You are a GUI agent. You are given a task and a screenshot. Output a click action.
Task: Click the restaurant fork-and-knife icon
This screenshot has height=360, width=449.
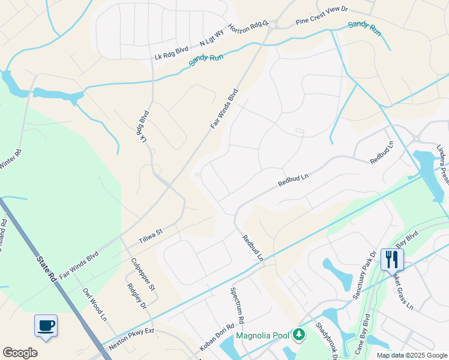[x=392, y=259]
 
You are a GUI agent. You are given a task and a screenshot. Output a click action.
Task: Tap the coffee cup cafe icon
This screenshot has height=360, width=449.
[x=46, y=326]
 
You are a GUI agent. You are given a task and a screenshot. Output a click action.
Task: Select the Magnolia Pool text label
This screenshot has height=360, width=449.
[x=263, y=335]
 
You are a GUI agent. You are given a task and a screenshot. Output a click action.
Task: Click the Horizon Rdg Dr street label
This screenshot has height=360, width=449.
[x=247, y=28]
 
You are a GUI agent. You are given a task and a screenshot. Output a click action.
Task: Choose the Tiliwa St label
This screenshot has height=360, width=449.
[x=151, y=233]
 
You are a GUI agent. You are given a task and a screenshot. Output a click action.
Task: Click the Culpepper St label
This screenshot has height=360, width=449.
[x=143, y=274]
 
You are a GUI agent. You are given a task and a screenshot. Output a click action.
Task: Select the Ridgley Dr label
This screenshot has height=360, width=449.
[x=136, y=297]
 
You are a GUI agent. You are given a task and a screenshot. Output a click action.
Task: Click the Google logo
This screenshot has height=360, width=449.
[x=20, y=352]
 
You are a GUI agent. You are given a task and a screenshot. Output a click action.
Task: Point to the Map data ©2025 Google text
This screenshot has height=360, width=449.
[x=412, y=355]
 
